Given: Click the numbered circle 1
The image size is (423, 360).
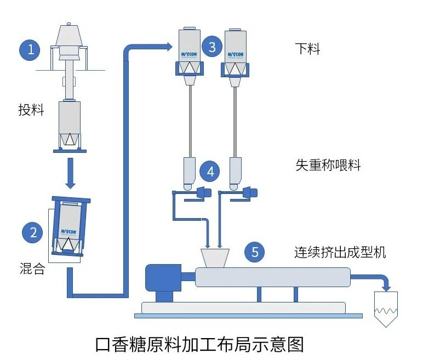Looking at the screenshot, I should (x=31, y=50).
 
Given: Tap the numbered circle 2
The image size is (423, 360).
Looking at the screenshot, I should (x=33, y=232).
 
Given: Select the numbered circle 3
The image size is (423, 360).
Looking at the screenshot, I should (x=212, y=47).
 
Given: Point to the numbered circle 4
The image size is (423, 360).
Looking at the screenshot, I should (x=210, y=172).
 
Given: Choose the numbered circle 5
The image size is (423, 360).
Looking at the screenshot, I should (x=255, y=252).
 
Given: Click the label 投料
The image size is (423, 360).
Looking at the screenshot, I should (x=31, y=110).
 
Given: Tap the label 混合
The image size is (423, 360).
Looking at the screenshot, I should (x=31, y=270).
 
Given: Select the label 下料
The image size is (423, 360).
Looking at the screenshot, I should (x=307, y=49).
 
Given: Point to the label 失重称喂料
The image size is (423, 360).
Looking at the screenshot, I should (x=328, y=165).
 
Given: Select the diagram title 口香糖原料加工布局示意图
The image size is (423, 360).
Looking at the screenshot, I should (x=199, y=344).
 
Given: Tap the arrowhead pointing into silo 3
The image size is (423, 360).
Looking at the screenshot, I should (x=167, y=47).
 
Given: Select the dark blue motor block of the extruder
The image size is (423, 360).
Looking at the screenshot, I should (x=162, y=278).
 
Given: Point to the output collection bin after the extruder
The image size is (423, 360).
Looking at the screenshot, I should (x=387, y=308).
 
